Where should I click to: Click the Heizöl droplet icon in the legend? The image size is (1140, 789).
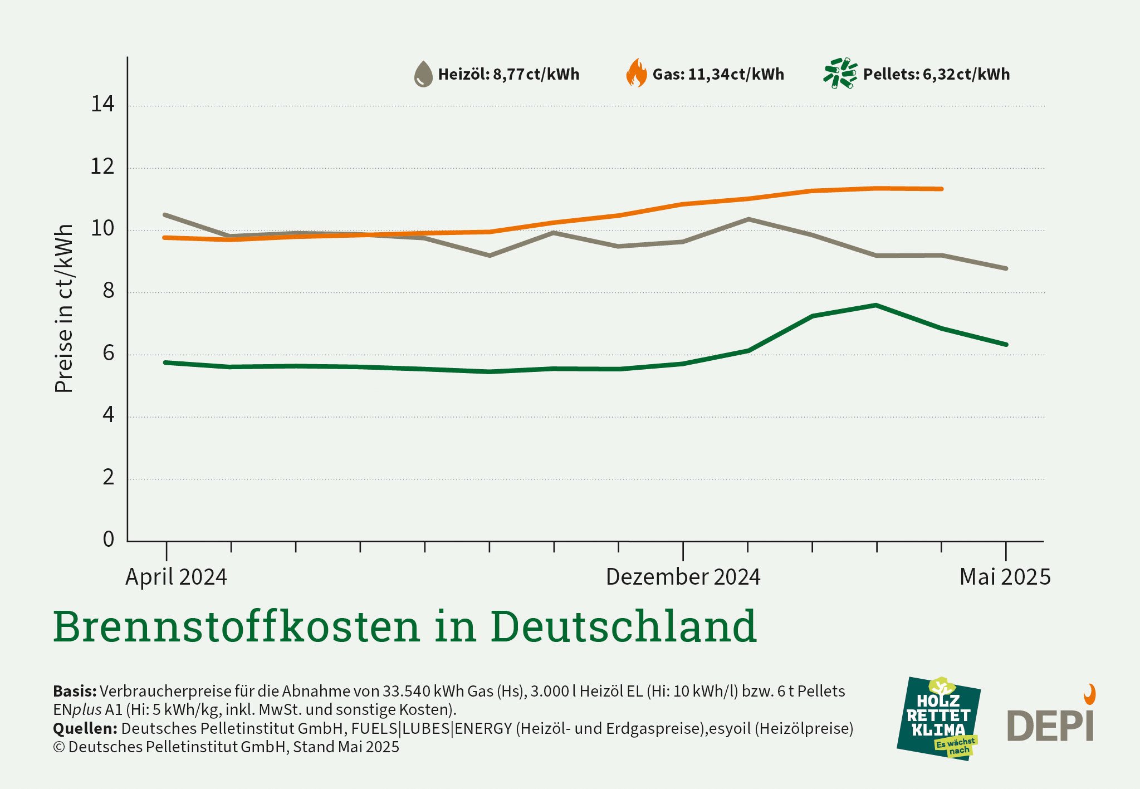coord(423,74)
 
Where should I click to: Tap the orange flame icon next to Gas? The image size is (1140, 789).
coord(637,73)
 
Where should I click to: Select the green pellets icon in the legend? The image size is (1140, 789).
coord(840,73)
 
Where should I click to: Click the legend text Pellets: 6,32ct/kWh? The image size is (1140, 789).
coord(936,74)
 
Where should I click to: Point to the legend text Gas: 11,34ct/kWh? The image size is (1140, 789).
coord(718,74)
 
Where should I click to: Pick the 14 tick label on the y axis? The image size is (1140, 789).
coord(102,104)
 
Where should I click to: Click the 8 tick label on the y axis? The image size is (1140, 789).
coord(108,291)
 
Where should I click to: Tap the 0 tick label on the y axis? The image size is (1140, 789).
coord(108,539)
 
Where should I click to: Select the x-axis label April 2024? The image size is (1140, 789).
coord(176,577)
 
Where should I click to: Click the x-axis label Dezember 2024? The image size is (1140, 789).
coord(683,577)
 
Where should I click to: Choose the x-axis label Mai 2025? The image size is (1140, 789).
coord(1005,577)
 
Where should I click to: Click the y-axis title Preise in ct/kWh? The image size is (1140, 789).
coord(64,308)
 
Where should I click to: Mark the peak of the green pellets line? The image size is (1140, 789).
coord(875,305)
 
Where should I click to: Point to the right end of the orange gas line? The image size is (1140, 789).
coord(941,189)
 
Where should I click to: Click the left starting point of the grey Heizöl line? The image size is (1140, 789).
coord(165,215)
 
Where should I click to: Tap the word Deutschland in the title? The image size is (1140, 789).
coord(624,626)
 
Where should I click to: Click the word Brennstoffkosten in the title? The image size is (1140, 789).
coord(236,626)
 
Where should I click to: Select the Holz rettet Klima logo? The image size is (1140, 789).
coord(938,718)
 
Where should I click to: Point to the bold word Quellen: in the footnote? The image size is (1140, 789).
coord(85,728)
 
